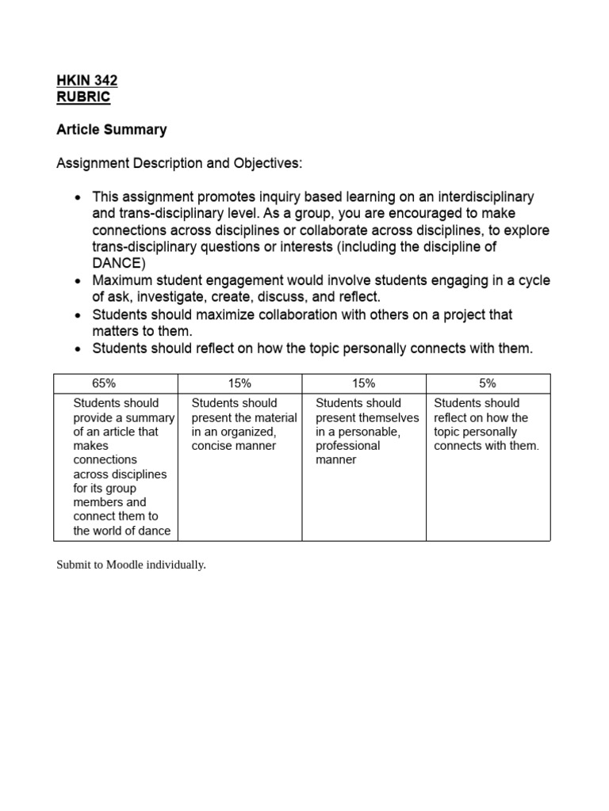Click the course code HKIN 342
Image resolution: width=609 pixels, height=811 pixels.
87,80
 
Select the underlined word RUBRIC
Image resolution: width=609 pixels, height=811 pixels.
83,97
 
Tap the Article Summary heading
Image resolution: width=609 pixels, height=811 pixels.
112,129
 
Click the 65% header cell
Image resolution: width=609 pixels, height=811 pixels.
116,383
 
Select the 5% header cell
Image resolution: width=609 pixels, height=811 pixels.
488,383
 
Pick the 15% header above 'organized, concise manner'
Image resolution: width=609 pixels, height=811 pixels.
239,383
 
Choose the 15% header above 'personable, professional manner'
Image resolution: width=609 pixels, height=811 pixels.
363,383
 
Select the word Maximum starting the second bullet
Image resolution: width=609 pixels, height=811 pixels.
121,280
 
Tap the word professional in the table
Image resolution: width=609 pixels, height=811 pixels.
347,446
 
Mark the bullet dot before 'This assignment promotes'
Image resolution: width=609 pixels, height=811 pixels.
77,197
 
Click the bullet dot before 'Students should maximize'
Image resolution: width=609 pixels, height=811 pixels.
77,315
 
